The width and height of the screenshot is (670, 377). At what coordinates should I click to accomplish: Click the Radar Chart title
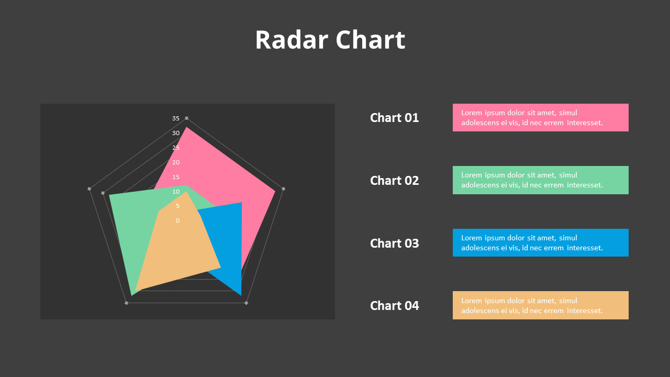click(x=330, y=40)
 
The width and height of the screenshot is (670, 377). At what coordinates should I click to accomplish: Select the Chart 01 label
click(x=394, y=118)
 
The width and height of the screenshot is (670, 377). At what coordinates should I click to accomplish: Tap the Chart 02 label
click(x=394, y=181)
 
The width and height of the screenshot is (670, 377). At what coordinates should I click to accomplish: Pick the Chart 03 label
click(x=394, y=243)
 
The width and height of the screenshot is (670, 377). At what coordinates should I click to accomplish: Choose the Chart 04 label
click(x=394, y=306)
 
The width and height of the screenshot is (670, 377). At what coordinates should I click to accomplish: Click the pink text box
click(x=540, y=117)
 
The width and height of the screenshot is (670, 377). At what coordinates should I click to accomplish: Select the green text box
click(x=540, y=180)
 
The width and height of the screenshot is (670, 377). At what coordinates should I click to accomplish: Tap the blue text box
click(x=540, y=242)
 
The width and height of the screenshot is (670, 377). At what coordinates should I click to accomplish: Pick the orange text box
click(x=540, y=305)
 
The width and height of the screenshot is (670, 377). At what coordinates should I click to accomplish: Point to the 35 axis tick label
click(x=176, y=118)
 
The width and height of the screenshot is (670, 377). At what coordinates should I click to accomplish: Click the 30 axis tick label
click(x=176, y=133)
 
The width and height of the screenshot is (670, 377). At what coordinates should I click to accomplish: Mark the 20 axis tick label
click(x=176, y=162)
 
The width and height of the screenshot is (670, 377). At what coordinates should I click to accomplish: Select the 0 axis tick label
click(x=177, y=220)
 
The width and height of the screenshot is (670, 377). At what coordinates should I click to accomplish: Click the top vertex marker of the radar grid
click(x=187, y=118)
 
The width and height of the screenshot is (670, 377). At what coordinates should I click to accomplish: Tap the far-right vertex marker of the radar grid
click(x=284, y=188)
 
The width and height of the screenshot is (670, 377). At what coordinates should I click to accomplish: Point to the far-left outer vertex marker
click(x=90, y=188)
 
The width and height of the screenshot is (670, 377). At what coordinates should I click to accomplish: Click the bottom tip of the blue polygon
click(x=241, y=295)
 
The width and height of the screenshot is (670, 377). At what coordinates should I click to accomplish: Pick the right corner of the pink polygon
click(x=275, y=192)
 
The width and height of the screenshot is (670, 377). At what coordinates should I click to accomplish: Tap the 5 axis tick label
click(x=177, y=206)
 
